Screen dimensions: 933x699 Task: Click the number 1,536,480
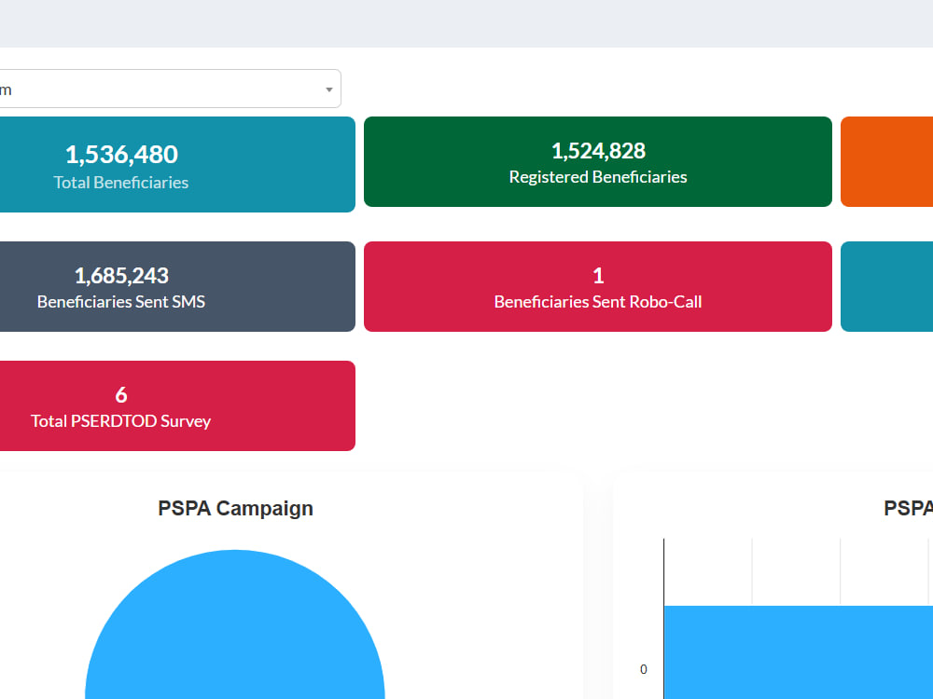click(121, 155)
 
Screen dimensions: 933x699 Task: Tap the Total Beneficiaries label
click(120, 183)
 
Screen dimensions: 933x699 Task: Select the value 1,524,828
click(598, 151)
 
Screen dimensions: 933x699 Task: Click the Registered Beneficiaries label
click(598, 177)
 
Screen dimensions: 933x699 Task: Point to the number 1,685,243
click(121, 276)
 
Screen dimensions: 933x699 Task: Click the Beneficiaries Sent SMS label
click(120, 302)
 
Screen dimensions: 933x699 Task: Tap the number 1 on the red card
click(598, 276)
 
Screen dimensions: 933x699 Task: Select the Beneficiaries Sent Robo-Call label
click(598, 302)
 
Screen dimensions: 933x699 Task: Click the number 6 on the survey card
click(120, 395)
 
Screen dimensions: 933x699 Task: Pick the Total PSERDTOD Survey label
click(120, 421)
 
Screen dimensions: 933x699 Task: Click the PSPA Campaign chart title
click(236, 509)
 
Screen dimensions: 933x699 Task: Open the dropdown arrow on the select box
click(329, 89)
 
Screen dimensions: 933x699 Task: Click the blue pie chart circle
click(235, 630)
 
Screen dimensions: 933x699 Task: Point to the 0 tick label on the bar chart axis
click(643, 669)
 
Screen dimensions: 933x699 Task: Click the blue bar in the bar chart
click(799, 652)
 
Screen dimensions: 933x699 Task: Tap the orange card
click(886, 161)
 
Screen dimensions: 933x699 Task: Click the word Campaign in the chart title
click(265, 510)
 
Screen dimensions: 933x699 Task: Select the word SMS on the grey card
click(188, 302)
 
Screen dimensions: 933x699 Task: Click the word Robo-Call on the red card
click(666, 302)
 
